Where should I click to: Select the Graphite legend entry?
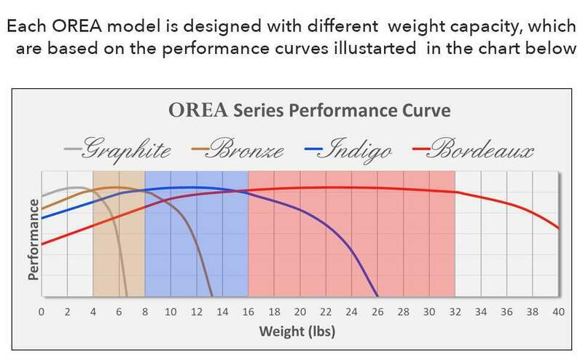[x=128, y=152]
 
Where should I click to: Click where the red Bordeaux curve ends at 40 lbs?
[x=558, y=228]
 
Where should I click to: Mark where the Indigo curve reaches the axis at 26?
[x=377, y=296]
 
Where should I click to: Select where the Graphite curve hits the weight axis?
[x=128, y=296]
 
